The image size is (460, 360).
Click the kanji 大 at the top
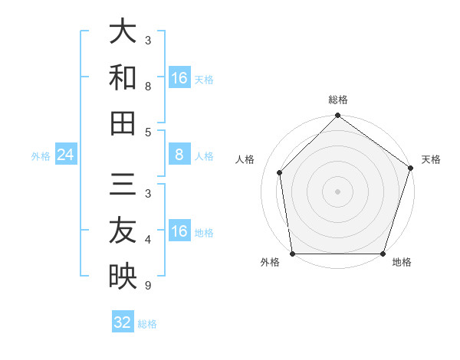123,33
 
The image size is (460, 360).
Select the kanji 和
123,78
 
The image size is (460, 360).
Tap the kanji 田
123,123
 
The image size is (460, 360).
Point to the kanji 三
123,186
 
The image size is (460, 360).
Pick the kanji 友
123,231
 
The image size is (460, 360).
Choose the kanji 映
123,277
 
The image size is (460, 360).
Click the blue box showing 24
65,155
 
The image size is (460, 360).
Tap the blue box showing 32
123,322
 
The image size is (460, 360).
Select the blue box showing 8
179,155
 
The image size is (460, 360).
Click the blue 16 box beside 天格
179,78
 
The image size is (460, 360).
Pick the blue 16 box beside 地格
179,231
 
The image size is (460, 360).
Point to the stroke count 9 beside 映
148,286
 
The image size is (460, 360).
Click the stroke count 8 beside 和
148,87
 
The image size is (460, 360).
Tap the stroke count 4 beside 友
148,241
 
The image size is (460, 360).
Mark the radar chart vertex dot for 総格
337,116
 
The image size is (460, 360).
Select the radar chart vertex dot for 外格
292,254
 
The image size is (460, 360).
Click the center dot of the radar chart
337,191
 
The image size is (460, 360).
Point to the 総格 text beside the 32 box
147,324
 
